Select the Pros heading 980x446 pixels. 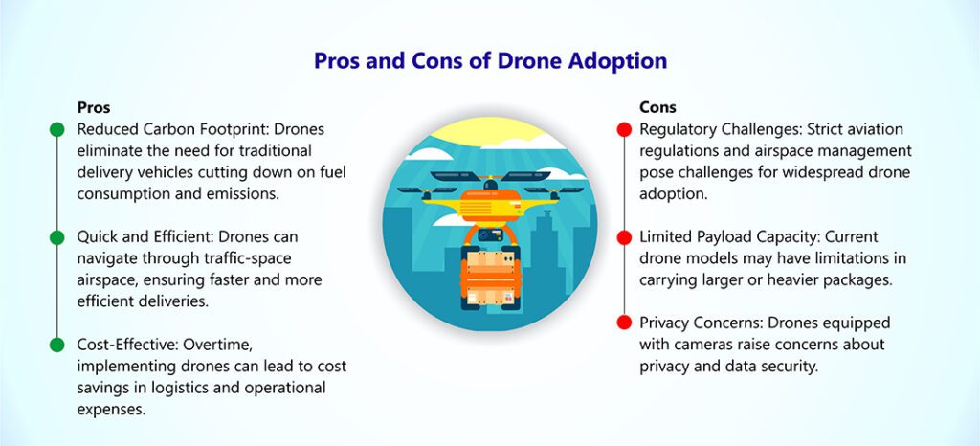click(94, 107)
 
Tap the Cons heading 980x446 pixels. click(657, 107)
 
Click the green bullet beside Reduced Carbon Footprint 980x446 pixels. click(56, 129)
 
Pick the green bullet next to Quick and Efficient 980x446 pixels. click(56, 237)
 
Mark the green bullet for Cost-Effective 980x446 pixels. click(56, 345)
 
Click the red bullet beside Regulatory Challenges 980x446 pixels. click(624, 129)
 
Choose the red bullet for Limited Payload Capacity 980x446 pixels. click(624, 237)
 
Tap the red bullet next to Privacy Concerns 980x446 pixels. click(624, 323)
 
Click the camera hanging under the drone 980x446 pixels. click(490, 234)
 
